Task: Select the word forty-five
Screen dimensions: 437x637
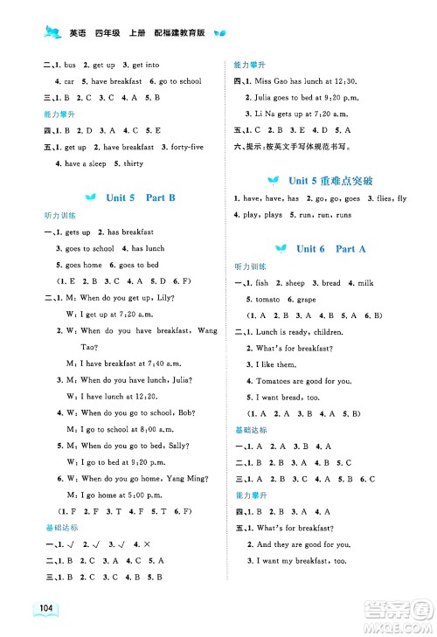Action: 184,147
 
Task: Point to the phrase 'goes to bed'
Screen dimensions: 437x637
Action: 140,265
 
